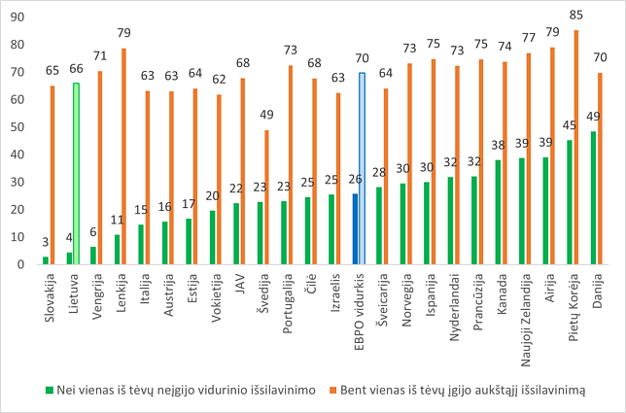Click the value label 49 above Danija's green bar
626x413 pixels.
click(593, 118)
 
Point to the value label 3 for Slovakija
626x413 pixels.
click(46, 244)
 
